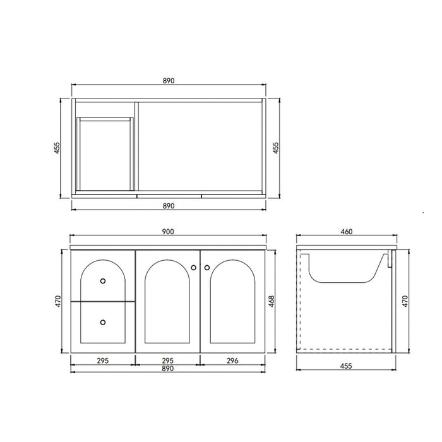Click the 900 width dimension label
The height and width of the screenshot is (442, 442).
click(168, 232)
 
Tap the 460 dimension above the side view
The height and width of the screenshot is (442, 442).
click(347, 232)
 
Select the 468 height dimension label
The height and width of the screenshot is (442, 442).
click(271, 301)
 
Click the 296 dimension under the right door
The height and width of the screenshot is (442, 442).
click(232, 361)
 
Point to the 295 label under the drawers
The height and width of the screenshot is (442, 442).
click(102, 361)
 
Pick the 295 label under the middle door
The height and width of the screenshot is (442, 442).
click(168, 361)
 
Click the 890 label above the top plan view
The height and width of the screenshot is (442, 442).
click(169, 81)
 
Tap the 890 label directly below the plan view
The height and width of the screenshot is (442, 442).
click(169, 206)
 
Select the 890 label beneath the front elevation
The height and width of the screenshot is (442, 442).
click(168, 368)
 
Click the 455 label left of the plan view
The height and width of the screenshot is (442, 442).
click(57, 148)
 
